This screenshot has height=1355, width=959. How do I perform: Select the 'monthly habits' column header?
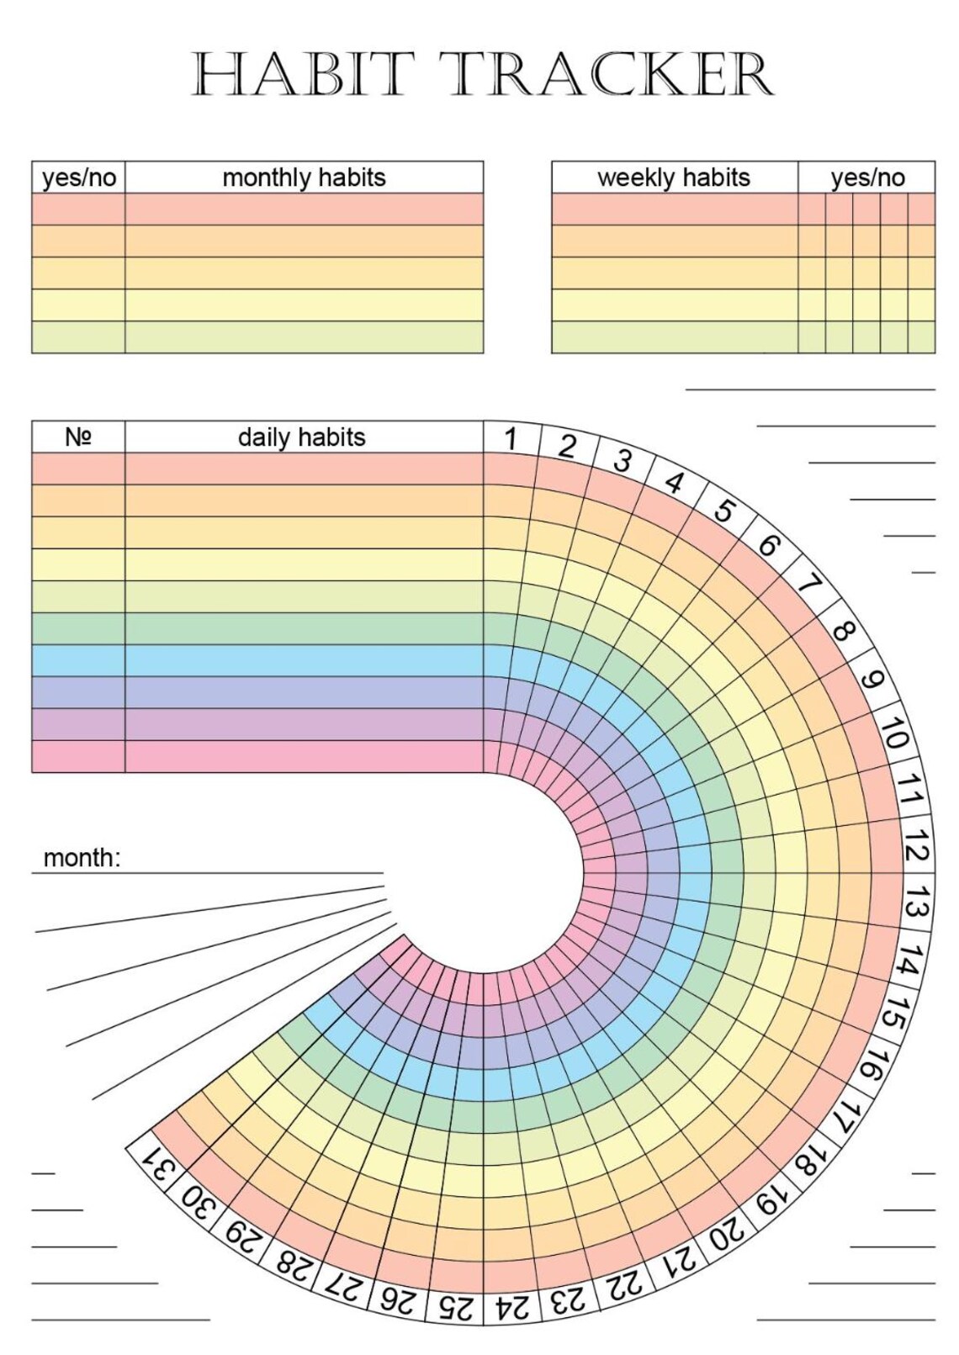304,177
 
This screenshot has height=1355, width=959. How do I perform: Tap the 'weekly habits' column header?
674,177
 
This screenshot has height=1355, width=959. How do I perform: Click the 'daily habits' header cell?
302,437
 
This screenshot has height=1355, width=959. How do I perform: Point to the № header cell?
78,437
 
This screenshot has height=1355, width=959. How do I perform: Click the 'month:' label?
82,858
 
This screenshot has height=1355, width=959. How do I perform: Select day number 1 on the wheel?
511,438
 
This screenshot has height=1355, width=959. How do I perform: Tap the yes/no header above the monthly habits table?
78,177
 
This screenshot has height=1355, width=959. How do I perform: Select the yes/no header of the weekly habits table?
866,177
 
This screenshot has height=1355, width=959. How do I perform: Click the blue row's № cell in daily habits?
78,660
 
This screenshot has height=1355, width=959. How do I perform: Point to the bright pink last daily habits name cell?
304,756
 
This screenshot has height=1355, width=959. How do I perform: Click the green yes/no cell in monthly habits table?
78,336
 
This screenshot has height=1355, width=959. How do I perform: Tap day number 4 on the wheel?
674,482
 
